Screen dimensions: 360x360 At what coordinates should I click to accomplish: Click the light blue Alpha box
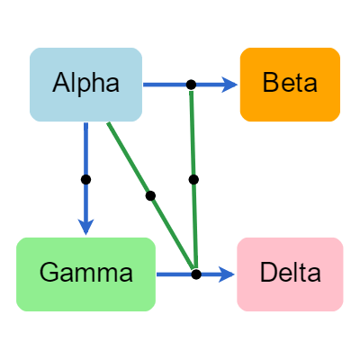[86, 84]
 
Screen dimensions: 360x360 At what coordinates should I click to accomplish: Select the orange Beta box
[290, 84]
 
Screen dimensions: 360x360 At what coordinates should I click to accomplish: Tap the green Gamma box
[86, 274]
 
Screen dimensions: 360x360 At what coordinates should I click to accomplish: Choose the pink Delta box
[290, 274]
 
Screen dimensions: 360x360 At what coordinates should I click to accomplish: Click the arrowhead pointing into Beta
[231, 85]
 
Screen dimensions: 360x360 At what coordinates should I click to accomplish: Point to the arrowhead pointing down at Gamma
[86, 228]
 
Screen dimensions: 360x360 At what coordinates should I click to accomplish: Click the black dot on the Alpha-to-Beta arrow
[191, 85]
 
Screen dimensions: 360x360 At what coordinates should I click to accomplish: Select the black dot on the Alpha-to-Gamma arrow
[86, 179]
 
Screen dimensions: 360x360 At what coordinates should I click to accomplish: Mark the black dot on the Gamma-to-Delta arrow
[195, 274]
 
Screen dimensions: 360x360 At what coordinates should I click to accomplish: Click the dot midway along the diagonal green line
[150, 195]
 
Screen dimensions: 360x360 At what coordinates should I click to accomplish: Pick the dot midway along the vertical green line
[193, 180]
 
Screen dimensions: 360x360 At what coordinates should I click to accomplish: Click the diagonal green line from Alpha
[129, 158]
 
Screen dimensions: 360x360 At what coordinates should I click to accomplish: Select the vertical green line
[193, 135]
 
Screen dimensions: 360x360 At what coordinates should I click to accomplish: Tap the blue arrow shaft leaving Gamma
[175, 274]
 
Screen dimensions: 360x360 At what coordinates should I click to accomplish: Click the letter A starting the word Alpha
[61, 84]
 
